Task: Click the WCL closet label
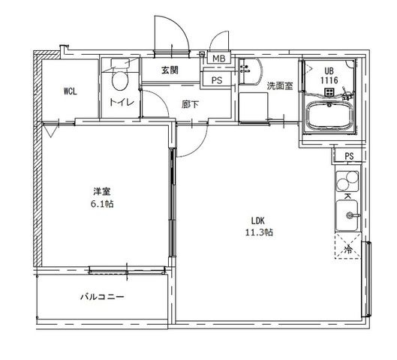coord(70,91)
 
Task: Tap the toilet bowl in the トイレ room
coord(119,81)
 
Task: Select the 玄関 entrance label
coord(170,70)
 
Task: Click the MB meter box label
coord(218,58)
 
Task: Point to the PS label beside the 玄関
coord(217,80)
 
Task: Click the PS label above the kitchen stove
coord(349,156)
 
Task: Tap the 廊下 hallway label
coord(190,104)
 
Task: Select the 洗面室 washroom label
coord(280,86)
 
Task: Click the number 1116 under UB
coord(329,80)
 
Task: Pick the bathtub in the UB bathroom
coord(329,116)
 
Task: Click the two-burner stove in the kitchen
coord(347,181)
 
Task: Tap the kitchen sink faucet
coord(352,215)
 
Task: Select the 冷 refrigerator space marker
coord(348,250)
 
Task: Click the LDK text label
coord(257,220)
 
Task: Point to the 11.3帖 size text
coord(259,232)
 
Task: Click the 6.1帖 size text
coord(102,204)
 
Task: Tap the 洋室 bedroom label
coord(102,191)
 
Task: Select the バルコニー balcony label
coord(102,296)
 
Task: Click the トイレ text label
coord(122,102)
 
